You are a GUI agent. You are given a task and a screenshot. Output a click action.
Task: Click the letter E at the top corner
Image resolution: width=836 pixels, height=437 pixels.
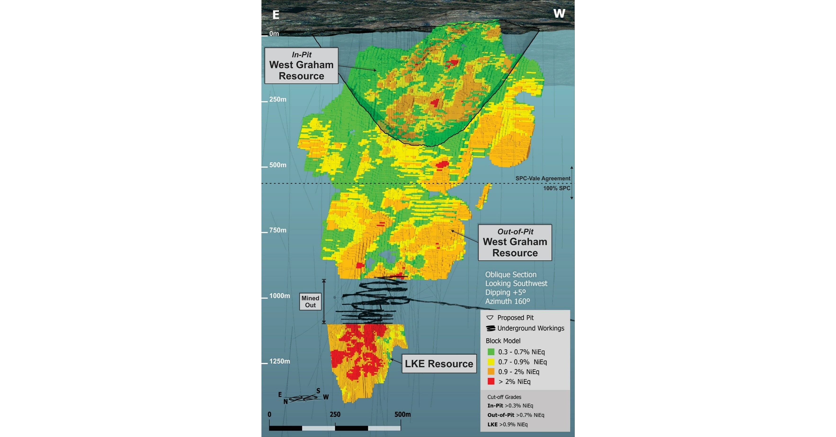(x=276, y=15)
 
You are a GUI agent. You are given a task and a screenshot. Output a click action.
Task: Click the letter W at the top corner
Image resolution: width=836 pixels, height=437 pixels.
(x=559, y=14)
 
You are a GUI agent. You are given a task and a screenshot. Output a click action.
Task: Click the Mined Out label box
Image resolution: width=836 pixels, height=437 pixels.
(x=310, y=302)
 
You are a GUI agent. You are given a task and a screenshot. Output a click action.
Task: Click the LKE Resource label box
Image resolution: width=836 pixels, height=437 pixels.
(x=439, y=364)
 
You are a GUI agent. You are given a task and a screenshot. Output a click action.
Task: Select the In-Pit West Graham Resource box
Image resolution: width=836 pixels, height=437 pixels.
(x=301, y=66)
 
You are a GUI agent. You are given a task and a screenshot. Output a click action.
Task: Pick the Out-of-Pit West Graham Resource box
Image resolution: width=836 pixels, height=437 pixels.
(x=515, y=242)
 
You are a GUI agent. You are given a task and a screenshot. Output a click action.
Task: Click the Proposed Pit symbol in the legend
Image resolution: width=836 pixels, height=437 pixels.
(x=490, y=318)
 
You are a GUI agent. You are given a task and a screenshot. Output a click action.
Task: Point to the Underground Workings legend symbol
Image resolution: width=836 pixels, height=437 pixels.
(x=491, y=328)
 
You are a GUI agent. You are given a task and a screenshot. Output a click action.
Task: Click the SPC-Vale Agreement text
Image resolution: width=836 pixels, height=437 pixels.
(x=543, y=178)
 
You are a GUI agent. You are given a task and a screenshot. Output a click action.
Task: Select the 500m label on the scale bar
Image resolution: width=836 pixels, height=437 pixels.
(x=402, y=414)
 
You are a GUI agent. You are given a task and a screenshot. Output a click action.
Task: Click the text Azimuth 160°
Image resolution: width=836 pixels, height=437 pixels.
(x=507, y=301)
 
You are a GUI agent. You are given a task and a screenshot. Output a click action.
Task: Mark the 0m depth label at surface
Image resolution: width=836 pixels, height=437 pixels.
(x=274, y=33)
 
